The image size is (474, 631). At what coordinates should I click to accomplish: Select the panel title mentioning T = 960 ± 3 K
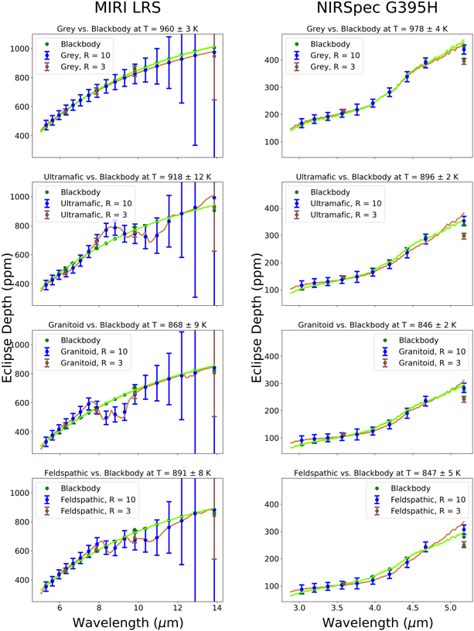tap(128, 29)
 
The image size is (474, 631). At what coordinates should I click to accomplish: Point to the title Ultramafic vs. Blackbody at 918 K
tap(128, 178)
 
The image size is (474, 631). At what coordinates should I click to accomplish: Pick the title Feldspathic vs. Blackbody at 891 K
tap(128, 473)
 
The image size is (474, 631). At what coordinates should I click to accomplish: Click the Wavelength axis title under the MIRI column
tap(128, 619)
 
